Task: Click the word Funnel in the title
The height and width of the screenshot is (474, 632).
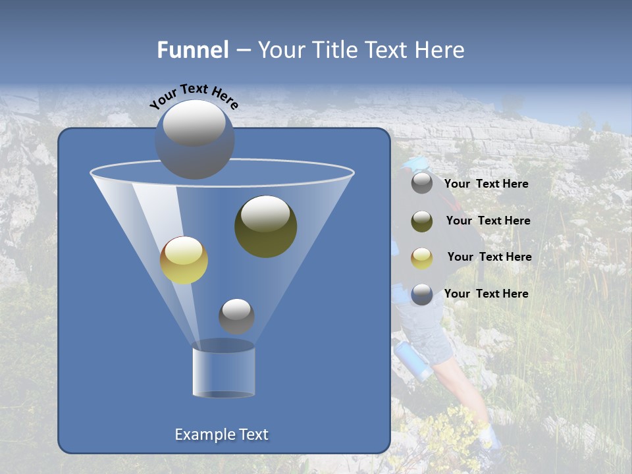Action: point(193,50)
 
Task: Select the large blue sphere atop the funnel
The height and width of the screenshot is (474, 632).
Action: point(194,139)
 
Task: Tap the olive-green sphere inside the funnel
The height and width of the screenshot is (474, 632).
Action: point(265,226)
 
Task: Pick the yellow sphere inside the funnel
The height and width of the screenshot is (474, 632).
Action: point(184,260)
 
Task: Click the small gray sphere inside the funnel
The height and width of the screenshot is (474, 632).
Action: point(236,316)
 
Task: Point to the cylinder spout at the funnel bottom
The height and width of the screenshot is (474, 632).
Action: point(223,371)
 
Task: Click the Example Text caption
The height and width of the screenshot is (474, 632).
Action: point(221,434)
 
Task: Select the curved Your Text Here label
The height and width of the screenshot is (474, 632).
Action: point(194,96)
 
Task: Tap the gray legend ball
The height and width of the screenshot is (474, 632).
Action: point(422,183)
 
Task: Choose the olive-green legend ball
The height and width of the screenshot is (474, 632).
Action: point(422,221)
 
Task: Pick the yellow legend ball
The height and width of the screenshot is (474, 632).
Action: point(422,257)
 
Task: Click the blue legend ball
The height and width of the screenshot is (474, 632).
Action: point(422,294)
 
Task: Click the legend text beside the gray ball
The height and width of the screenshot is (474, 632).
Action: point(486,184)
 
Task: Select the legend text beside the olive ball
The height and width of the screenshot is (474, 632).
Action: point(488,221)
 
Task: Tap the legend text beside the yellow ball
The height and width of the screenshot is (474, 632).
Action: point(489,257)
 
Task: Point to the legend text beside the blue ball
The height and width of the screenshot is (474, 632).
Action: point(486,294)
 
